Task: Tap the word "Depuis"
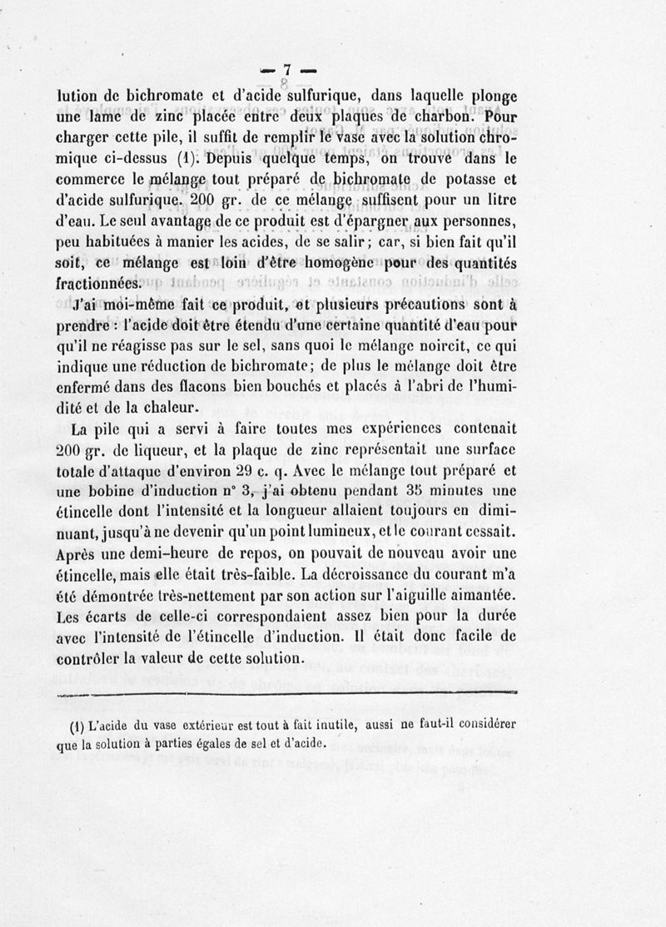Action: pos(231,157)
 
